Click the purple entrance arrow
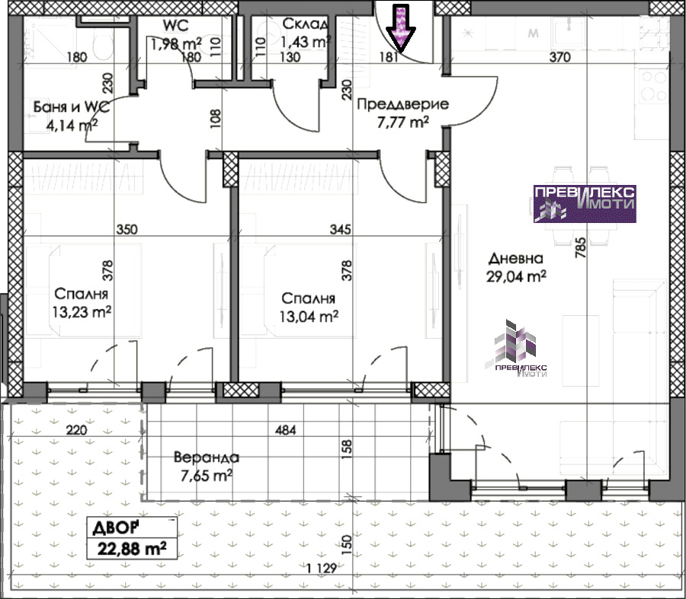pyautogui.click(x=400, y=28)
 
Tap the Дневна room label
pyautogui.click(x=516, y=258)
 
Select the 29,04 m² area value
pyautogui.click(x=516, y=276)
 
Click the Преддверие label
pyautogui.click(x=402, y=104)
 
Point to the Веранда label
pyautogui.click(x=207, y=457)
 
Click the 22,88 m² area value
pyautogui.click(x=132, y=548)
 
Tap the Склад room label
pyautogui.click(x=304, y=24)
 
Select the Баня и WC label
pyautogui.click(x=72, y=107)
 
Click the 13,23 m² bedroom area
pyautogui.click(x=82, y=312)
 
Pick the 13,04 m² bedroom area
pyautogui.click(x=309, y=316)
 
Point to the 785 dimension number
pyautogui.click(x=580, y=247)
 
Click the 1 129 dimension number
pyautogui.click(x=322, y=568)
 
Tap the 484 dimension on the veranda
pyautogui.click(x=285, y=430)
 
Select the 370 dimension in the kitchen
pyautogui.click(x=559, y=57)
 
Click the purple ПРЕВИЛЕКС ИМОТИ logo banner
pyautogui.click(x=585, y=203)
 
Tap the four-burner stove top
pyautogui.click(x=654, y=86)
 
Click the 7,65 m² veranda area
pyautogui.click(x=206, y=476)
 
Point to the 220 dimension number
pyautogui.click(x=76, y=430)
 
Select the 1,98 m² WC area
pyautogui.click(x=176, y=43)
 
